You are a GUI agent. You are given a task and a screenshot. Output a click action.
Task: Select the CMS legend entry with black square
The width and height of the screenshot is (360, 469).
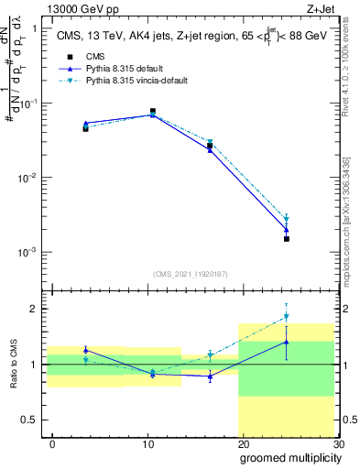click(83, 57)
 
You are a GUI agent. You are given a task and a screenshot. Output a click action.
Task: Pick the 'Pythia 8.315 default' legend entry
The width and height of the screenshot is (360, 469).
click(115, 69)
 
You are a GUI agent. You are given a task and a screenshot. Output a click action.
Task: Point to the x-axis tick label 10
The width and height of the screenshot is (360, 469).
click(147, 443)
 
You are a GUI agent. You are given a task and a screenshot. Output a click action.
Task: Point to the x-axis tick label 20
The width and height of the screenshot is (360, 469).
click(243, 443)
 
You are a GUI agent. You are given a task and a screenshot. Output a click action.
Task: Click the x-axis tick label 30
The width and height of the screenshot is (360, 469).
click(337, 443)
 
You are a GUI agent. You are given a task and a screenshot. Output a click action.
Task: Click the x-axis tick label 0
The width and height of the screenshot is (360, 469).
click(52, 443)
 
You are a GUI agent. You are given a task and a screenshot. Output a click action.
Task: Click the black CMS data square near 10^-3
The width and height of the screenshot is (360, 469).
click(287, 239)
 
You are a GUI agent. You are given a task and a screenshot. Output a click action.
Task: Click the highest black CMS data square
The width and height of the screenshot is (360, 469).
click(152, 111)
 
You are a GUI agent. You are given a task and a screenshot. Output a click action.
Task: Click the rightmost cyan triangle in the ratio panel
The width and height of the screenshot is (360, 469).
click(287, 317)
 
